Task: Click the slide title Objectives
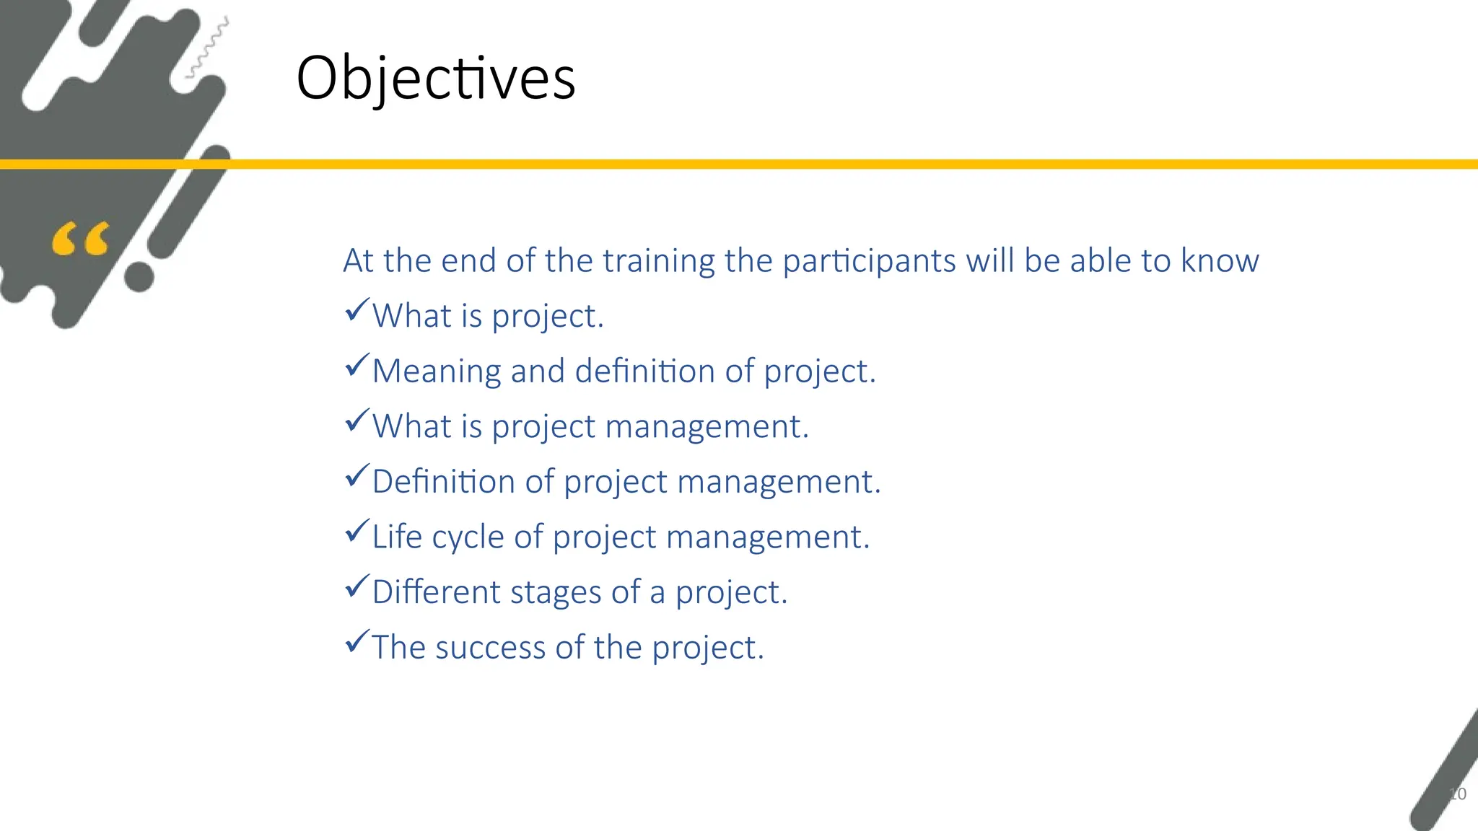coord(436,78)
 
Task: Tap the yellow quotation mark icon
coord(80,239)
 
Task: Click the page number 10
coord(1457,793)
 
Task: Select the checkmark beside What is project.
coord(357,310)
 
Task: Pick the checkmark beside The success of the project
coord(357,641)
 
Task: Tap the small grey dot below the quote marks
coord(139,277)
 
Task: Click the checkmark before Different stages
coord(357,586)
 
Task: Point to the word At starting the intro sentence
coord(358,260)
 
